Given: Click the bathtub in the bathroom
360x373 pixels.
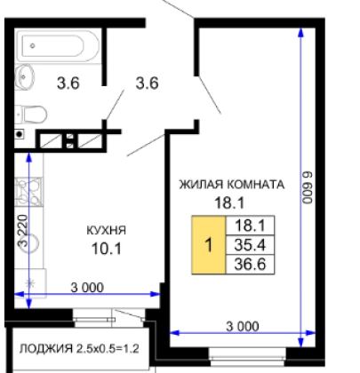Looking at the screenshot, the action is [x=58, y=46].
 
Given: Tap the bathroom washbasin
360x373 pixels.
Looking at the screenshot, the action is [x=25, y=76].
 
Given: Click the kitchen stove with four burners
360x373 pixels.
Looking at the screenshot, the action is [x=28, y=192].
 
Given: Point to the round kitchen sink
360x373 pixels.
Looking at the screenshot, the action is [x=30, y=243].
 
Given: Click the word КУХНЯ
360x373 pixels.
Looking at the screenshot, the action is [x=107, y=230].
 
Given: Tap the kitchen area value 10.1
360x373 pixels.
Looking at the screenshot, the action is [x=107, y=249].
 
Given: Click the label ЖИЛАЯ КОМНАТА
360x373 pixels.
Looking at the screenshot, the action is [x=232, y=185].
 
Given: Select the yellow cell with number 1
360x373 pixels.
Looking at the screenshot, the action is [x=209, y=245].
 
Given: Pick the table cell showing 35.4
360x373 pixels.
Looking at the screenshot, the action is [x=250, y=245].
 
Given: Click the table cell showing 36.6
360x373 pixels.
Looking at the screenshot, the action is [x=250, y=264].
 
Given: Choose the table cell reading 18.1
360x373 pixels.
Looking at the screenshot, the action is [x=250, y=226].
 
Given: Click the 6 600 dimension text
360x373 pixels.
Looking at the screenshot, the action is [x=308, y=187].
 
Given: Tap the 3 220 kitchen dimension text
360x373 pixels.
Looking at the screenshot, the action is [x=22, y=231].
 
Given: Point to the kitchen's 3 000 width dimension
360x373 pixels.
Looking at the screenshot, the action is [x=87, y=288].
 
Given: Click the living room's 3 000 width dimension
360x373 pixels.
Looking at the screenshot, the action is [x=243, y=327].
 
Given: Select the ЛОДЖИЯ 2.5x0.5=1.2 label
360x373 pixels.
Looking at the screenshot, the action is [x=79, y=349].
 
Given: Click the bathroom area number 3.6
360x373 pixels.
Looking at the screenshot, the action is [x=68, y=83].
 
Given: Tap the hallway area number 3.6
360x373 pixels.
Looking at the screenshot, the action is [x=147, y=83].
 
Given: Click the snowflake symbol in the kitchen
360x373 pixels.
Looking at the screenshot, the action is [x=30, y=283].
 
